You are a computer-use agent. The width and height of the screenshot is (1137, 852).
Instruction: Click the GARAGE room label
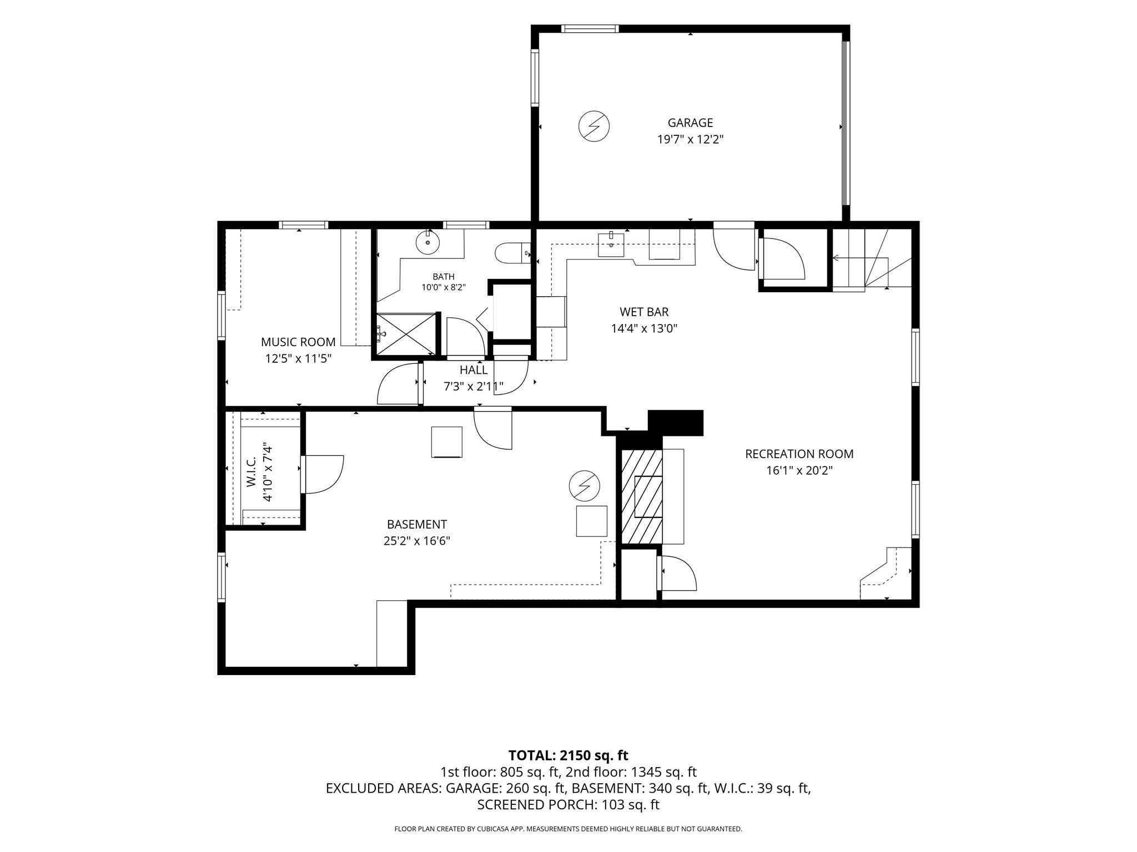690,123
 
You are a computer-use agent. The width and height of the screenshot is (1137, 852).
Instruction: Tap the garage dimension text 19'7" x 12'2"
690,139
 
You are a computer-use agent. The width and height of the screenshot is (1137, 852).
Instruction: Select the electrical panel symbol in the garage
594,126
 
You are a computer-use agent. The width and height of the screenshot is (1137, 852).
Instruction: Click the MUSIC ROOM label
298,342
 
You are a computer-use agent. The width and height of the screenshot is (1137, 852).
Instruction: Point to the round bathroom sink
427,242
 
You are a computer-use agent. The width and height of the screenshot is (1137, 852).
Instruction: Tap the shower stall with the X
406,333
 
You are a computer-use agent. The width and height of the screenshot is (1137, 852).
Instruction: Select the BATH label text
444,277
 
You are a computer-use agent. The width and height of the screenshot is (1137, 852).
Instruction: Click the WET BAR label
644,312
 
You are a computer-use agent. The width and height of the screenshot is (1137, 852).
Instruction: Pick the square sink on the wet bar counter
611,245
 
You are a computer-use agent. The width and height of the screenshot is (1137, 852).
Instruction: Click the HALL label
474,370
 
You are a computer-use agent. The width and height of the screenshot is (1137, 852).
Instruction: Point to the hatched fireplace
642,496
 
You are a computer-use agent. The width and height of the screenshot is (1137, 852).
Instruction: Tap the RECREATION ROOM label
799,454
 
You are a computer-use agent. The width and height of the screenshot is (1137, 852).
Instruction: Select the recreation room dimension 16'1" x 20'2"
799,471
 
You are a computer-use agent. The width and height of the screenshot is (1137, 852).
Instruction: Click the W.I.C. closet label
251,472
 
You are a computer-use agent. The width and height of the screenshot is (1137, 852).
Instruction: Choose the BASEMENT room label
417,524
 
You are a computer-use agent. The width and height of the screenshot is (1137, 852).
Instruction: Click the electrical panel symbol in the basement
585,486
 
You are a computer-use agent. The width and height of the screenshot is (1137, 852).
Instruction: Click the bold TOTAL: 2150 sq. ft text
568,755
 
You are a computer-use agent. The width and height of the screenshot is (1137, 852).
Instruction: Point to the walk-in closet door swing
323,474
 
